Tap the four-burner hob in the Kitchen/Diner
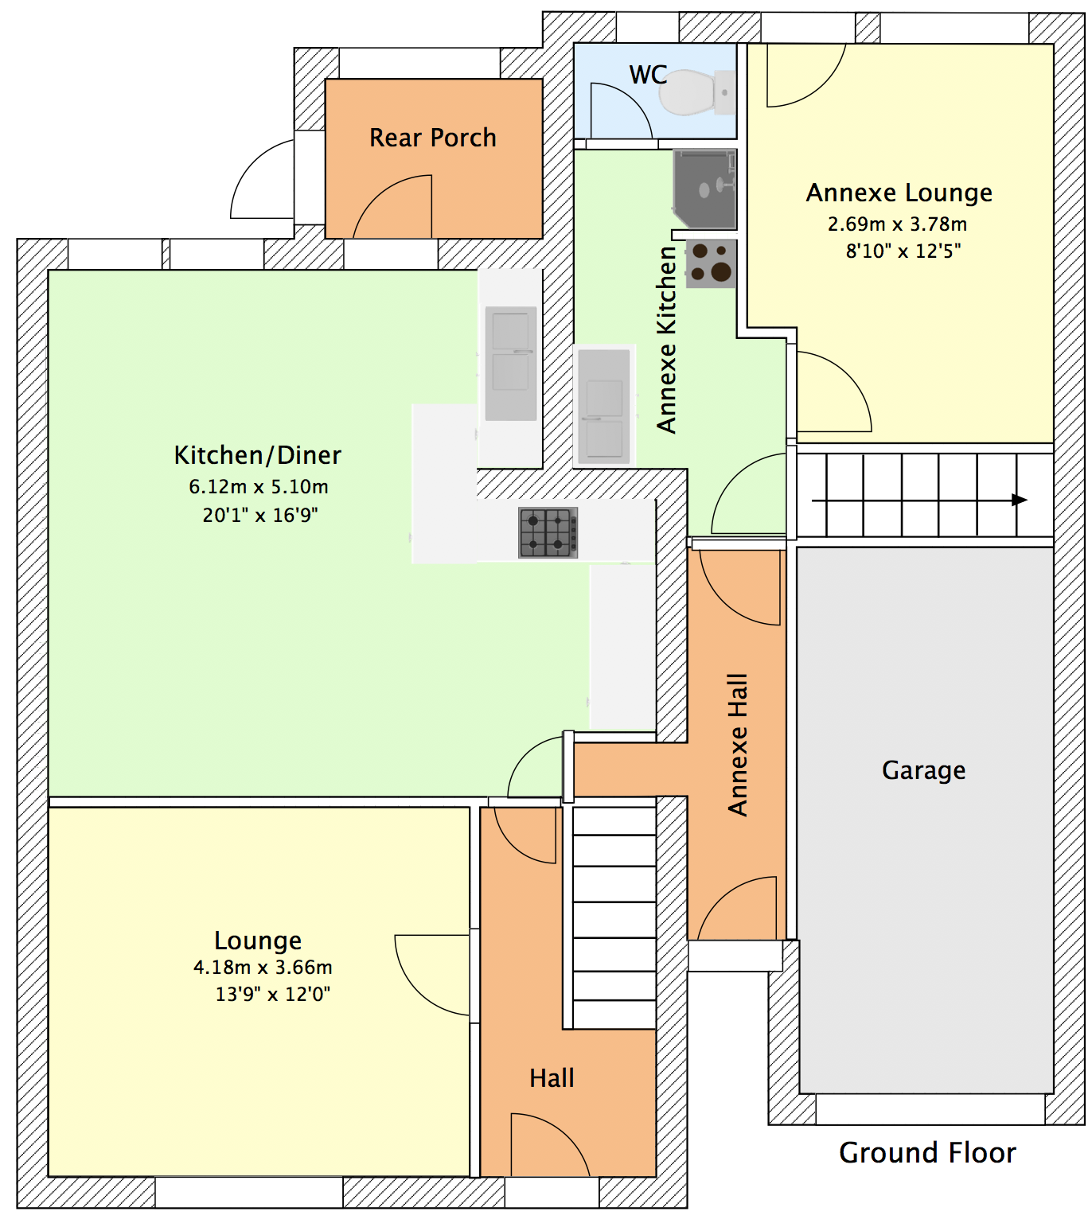pyautogui.click(x=548, y=532)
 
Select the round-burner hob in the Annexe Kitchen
pyautogui.click(x=711, y=263)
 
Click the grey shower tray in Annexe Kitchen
pyautogui.click(x=704, y=189)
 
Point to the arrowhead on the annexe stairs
pyautogui.click(x=1019, y=500)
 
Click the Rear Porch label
pyautogui.click(x=432, y=138)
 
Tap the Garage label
pyautogui.click(x=923, y=770)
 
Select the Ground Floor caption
pyautogui.click(x=927, y=1152)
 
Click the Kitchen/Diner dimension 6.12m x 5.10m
pyautogui.click(x=258, y=486)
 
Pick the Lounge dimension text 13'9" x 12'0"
pyautogui.click(x=272, y=994)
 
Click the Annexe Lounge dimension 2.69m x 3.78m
pyautogui.click(x=897, y=224)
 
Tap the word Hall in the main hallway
pyautogui.click(x=552, y=1078)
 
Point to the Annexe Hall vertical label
pyautogui.click(x=738, y=745)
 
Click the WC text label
pyautogui.click(x=648, y=75)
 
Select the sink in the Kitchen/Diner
pyautogui.click(x=511, y=363)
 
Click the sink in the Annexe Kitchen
pyautogui.click(x=604, y=407)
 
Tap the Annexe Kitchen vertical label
pyautogui.click(x=666, y=340)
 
